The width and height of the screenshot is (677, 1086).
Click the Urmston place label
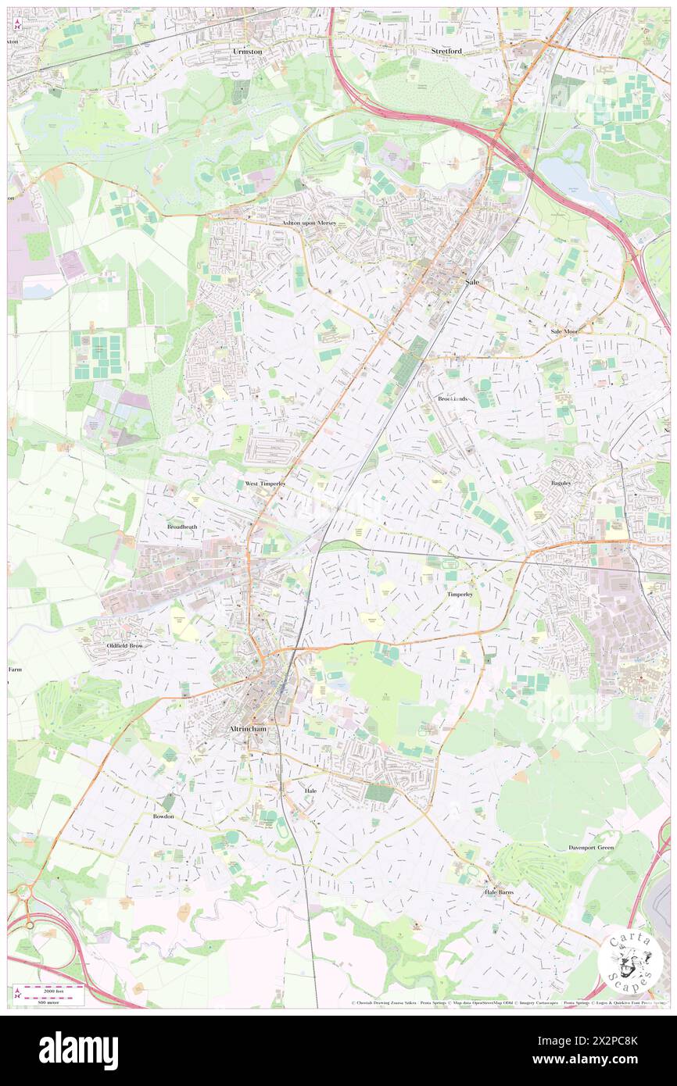coord(247,51)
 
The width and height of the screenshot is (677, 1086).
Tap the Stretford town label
coord(446,51)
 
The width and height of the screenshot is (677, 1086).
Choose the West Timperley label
coord(265,484)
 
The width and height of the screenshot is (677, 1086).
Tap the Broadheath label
coord(182,527)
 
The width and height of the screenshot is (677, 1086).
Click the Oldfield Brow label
coord(124,646)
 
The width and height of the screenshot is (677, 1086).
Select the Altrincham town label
coord(248,729)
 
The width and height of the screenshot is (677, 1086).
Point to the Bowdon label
coord(163,816)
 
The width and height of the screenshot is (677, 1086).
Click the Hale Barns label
coord(500,891)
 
